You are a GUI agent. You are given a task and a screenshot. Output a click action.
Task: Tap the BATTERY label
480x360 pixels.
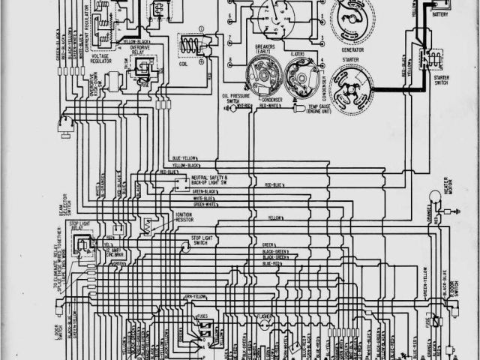point(440,13)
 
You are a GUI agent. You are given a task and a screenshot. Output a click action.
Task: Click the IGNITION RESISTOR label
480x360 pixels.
point(188,217)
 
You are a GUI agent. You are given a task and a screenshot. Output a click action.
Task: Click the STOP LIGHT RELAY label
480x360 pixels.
point(82,225)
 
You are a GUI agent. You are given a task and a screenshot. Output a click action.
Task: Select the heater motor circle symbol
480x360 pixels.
point(434,196)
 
